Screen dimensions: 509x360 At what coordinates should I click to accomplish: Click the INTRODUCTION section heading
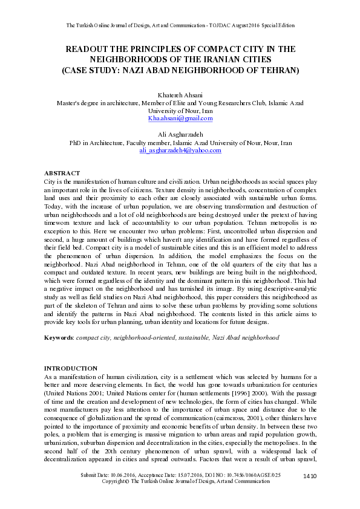click(x=71, y=368)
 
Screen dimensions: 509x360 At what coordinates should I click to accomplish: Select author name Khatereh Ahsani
click(x=180, y=96)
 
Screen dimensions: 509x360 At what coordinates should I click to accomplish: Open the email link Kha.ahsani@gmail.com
click(x=180, y=118)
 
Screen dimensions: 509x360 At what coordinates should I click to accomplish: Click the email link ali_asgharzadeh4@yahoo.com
click(x=180, y=151)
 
